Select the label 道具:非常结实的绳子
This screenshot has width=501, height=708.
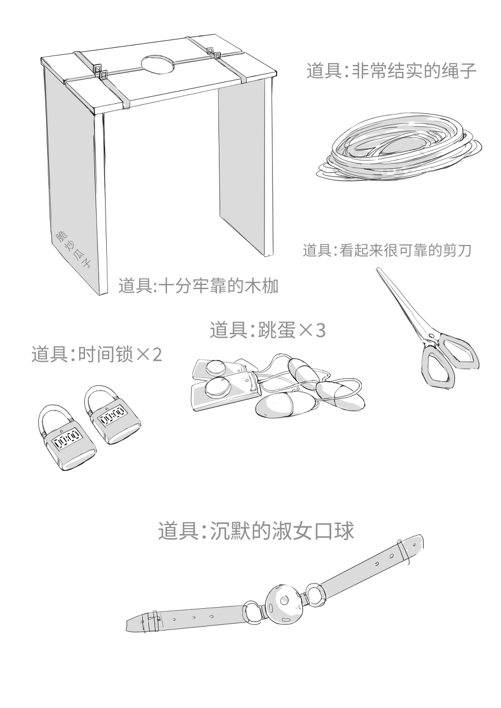(391, 71)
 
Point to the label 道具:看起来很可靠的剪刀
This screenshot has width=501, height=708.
(388, 250)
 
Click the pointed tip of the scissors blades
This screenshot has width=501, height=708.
(378, 270)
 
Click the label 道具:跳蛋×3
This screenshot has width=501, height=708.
(267, 329)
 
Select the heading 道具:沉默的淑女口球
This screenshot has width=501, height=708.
(256, 531)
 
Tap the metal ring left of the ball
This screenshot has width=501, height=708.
(253, 611)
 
